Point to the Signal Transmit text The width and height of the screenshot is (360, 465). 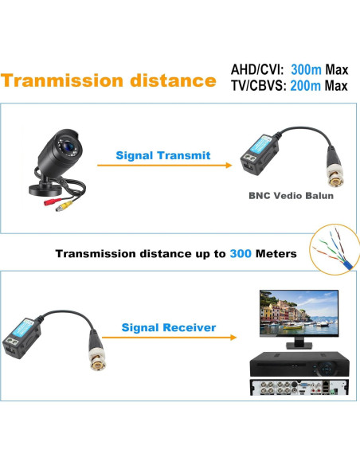163,155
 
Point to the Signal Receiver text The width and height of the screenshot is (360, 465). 169,327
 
